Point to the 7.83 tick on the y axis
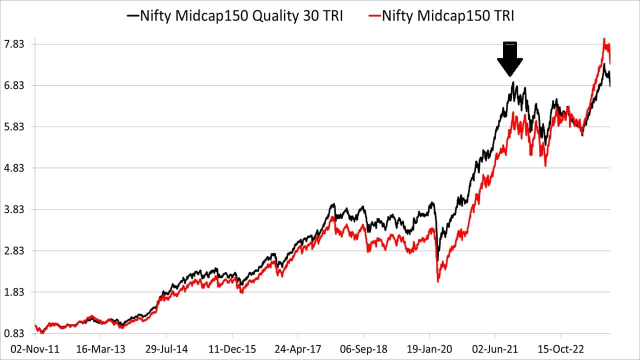14,44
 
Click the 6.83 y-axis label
14,85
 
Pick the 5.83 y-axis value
14,127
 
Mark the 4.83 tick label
14,168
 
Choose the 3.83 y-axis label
14,209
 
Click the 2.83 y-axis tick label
14,251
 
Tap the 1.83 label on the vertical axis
14,292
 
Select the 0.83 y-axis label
14,333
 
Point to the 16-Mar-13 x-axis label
100,348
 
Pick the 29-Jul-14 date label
166,348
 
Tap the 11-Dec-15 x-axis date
232,348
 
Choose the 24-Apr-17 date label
298,348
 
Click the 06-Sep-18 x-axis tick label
363,348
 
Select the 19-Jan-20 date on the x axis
429,348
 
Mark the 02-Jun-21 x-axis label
495,348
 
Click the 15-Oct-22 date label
561,348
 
